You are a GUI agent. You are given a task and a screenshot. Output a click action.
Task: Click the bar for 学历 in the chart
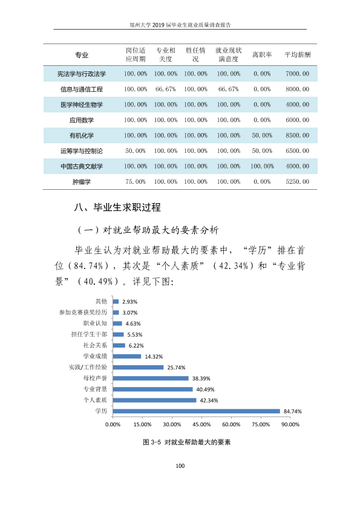196,411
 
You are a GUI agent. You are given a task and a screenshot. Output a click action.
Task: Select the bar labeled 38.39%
151,378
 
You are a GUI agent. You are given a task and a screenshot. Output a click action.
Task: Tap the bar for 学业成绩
127,357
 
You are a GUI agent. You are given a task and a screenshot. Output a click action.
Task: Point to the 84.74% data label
293,411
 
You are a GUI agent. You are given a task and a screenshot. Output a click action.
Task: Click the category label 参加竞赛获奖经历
83,313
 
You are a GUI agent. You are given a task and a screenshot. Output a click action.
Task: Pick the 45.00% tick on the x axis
201,424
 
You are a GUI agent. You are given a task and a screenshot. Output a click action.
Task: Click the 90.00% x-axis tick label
290,424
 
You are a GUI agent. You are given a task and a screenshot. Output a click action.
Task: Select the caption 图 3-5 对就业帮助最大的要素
187,442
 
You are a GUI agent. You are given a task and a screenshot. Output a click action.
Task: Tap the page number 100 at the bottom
180,466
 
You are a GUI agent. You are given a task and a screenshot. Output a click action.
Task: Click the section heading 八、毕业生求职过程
117,207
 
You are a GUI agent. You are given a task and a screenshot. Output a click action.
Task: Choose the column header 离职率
262,54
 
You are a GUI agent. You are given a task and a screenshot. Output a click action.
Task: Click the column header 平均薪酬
297,54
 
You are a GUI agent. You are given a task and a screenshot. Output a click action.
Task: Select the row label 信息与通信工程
82,89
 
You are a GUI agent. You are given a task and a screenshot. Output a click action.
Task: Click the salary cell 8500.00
297,135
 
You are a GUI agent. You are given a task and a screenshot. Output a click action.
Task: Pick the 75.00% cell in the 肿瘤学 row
136,181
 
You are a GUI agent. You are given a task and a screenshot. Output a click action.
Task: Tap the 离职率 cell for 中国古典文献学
262,166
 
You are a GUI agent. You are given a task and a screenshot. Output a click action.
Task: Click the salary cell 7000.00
297,74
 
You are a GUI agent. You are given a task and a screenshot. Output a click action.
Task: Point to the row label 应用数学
82,120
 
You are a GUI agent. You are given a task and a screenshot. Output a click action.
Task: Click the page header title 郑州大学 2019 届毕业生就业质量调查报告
180,25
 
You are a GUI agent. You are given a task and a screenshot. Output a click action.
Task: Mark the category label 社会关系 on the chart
95,345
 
